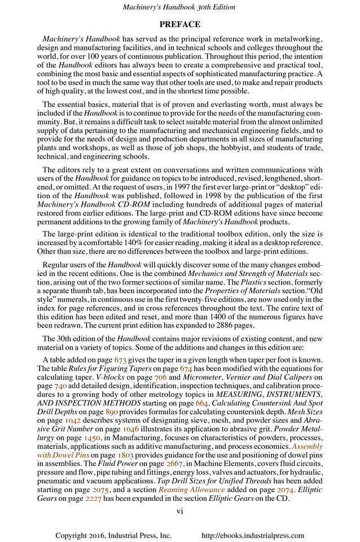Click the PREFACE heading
pyautogui.click(x=179, y=25)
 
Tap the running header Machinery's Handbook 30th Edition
pyautogui.click(x=179, y=7)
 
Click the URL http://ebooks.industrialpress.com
pyautogui.click(x=253, y=535)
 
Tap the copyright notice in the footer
pyautogui.click(x=113, y=535)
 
